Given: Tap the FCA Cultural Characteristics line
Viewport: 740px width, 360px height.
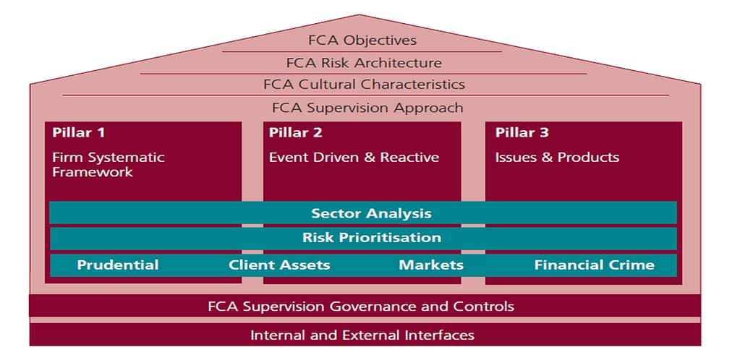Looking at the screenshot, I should click(x=364, y=84).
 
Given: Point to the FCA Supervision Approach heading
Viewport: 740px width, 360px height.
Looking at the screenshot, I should click(x=367, y=108).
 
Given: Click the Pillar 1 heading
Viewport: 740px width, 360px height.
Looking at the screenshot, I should click(x=79, y=132).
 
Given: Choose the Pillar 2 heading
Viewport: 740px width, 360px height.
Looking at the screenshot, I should click(x=296, y=132).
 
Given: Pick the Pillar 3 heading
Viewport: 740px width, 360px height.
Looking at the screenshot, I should click(x=522, y=132).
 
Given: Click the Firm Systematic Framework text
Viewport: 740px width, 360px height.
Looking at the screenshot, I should click(x=109, y=164).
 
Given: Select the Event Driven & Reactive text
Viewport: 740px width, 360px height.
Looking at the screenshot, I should click(x=354, y=157).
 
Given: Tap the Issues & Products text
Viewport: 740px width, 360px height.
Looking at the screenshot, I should click(x=557, y=157).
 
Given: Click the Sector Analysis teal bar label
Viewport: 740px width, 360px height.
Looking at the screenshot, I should click(x=371, y=213).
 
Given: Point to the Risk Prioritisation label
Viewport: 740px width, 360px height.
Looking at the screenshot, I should click(x=371, y=238).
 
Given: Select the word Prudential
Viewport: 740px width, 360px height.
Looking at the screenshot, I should click(x=118, y=265).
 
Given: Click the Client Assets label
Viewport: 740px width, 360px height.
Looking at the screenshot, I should click(x=279, y=265).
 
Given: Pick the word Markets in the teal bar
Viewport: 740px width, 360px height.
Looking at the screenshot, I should click(x=431, y=265).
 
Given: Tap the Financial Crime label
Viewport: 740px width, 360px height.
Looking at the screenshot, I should click(x=594, y=265).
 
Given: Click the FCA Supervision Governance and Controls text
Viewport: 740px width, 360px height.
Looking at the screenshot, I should click(x=361, y=306).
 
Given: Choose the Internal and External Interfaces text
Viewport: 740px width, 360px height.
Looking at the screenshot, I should click(x=362, y=335).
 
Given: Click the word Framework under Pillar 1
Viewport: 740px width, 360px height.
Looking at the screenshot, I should click(x=93, y=172).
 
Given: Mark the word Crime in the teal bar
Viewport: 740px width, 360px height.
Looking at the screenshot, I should click(x=631, y=265).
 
